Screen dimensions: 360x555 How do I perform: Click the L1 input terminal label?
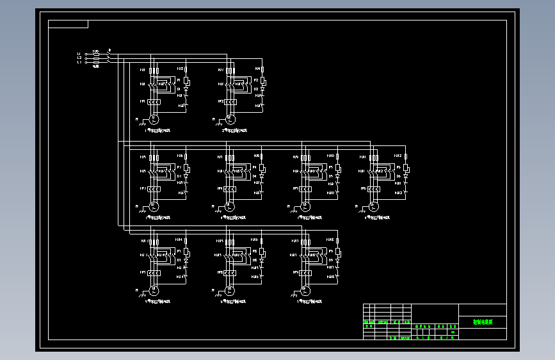coord(79,54)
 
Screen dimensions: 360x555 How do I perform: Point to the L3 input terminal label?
coord(79,62)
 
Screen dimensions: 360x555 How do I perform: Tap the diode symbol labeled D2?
coord(262,89)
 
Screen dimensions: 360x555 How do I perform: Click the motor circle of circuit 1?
coord(154,119)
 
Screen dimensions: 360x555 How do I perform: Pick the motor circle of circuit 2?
coord(230,119)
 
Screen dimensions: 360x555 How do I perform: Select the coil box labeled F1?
coord(186,81)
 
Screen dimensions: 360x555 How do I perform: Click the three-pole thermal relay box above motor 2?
coord(230,102)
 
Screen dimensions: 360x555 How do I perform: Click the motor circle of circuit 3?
coord(154,206)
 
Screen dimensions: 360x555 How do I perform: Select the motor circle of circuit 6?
coord(374,206)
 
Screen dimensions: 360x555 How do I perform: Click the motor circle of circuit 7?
coord(154,291)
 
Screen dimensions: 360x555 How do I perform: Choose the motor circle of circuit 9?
coord(305,291)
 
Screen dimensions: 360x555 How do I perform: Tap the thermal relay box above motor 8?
coord(230,273)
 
